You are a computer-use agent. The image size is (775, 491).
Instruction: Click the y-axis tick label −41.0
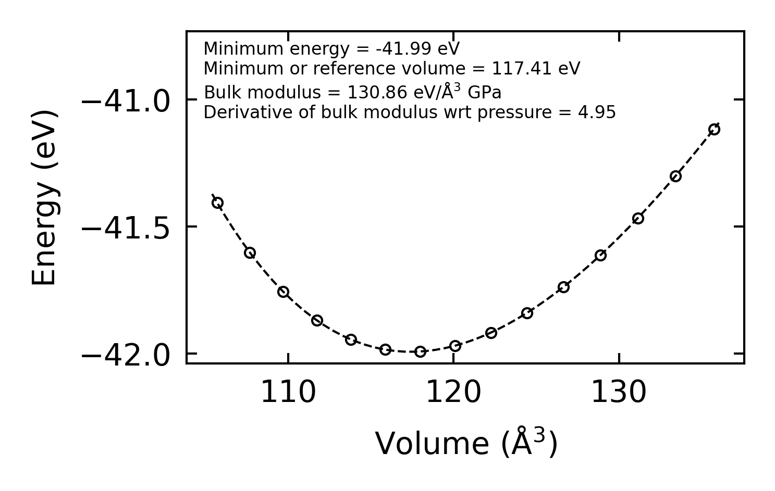point(126,101)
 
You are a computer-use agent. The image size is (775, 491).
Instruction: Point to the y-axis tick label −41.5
point(126,229)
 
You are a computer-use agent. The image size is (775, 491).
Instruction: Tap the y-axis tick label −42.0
point(126,356)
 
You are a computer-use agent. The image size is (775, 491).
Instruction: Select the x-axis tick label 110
point(288,393)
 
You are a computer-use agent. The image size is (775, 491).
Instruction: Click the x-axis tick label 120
point(453,393)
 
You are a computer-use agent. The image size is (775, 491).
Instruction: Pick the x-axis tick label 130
point(619,393)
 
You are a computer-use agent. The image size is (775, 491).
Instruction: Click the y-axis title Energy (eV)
point(44,197)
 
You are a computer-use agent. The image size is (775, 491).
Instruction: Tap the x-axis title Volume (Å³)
point(466,444)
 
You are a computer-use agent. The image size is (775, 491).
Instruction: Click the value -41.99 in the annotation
point(403,49)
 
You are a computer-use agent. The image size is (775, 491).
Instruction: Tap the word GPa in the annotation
point(484,93)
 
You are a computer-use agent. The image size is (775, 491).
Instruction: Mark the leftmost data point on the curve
point(217,203)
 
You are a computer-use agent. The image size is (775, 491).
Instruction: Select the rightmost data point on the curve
point(714,129)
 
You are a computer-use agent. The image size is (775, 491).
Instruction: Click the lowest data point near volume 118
point(420,351)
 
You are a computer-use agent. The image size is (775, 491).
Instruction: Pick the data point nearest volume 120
point(455,346)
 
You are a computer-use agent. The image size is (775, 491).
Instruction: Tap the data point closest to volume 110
point(283,292)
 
